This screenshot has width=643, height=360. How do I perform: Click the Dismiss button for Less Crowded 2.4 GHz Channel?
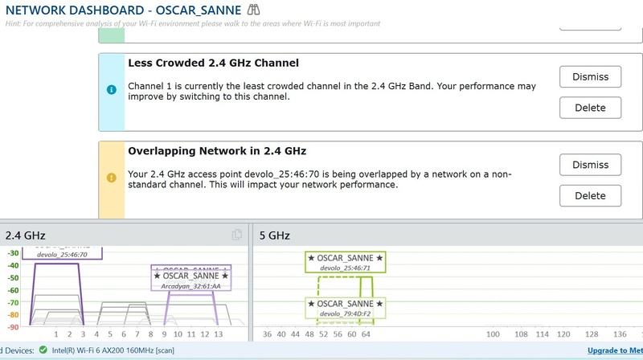590,77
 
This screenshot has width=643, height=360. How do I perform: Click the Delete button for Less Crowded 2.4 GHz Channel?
590,108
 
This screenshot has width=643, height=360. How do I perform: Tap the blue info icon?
112,89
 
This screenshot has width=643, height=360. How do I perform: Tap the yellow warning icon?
112,177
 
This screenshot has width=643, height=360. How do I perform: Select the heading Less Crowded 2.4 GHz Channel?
214,63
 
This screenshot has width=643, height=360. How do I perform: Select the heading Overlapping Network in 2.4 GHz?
217,150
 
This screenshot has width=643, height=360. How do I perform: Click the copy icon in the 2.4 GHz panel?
237,235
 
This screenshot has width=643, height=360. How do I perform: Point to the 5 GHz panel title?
274,235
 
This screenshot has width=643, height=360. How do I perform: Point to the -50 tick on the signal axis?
13,277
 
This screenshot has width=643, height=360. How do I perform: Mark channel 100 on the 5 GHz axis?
494,333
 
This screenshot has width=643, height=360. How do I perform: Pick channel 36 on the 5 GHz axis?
268,333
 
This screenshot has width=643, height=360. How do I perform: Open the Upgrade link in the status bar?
614,350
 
